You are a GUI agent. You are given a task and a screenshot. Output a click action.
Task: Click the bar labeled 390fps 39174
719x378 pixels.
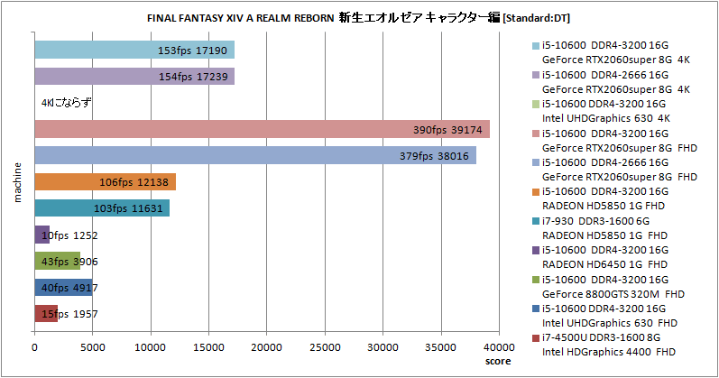point(262,130)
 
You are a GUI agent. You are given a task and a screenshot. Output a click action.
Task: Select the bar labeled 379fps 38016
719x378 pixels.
point(255,156)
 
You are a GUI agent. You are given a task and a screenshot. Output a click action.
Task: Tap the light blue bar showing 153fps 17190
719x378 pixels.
point(134,51)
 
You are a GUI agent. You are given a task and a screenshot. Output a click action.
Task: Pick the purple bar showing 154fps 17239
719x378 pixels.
point(134,77)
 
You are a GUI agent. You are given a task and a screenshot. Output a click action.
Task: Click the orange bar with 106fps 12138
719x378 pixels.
point(105,182)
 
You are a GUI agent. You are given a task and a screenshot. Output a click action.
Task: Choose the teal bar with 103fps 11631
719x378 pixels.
point(102,208)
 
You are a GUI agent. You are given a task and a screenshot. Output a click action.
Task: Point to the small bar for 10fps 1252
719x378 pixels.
point(41,235)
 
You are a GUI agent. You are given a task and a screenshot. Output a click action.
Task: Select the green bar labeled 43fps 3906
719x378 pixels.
point(57,261)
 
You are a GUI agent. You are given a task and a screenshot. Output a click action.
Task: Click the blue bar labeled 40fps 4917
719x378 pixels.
point(63,288)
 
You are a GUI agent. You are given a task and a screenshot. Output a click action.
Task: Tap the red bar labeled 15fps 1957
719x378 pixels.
point(46,314)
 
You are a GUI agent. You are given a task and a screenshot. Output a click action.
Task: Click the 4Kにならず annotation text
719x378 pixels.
point(67,103)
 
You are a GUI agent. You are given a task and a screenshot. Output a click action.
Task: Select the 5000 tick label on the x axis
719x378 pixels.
point(92,346)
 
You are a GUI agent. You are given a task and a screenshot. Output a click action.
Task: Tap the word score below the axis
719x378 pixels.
point(497,360)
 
